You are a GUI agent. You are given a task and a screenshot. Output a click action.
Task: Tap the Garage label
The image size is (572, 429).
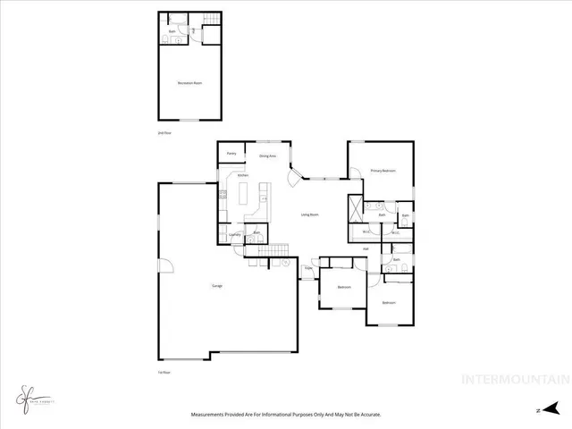(x=216, y=286)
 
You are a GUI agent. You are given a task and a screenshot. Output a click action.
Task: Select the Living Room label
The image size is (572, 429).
(x=310, y=214)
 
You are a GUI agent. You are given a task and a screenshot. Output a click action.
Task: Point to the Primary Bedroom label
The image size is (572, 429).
(x=383, y=171)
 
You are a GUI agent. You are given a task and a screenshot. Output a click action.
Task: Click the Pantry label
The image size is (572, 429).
(x=231, y=154)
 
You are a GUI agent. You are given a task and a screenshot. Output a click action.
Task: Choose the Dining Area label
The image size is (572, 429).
(x=267, y=156)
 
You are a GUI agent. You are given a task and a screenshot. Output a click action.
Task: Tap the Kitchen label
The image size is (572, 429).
(x=243, y=175)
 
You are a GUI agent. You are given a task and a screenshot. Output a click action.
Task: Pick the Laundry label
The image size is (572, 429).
(x=235, y=235)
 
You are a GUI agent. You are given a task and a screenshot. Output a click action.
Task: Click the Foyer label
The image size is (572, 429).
(x=307, y=267)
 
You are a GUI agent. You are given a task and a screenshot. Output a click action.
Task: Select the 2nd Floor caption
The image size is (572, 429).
(x=164, y=133)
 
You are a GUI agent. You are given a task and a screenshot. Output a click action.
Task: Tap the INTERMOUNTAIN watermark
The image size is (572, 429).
(x=513, y=379)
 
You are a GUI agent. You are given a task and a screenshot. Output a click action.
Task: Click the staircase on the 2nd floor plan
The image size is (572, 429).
(x=211, y=20)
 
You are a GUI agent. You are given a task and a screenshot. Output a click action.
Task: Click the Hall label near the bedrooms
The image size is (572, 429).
(x=366, y=248)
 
